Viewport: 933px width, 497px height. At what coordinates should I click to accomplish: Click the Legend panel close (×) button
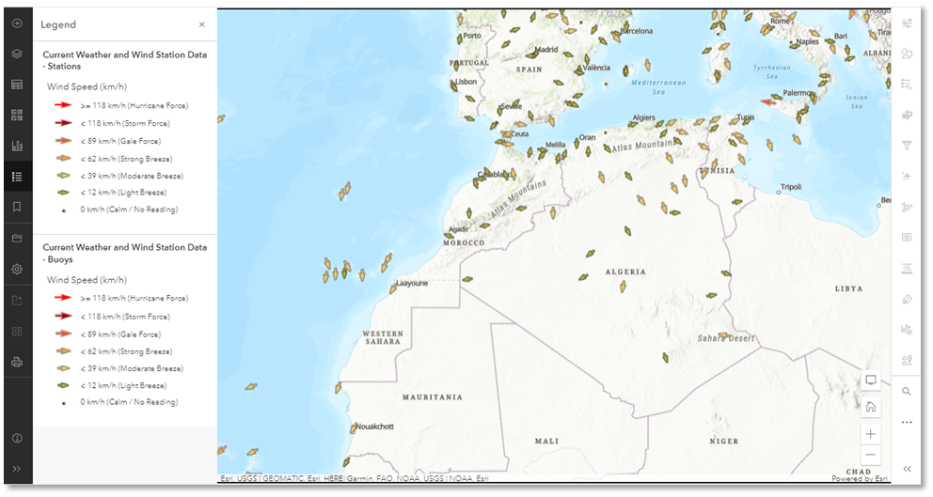201,24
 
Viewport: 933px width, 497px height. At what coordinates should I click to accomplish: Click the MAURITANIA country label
433,397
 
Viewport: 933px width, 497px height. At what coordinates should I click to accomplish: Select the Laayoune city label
412,282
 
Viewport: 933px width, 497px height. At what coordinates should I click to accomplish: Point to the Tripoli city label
790,188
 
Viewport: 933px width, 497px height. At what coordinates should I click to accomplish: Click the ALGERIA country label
625,272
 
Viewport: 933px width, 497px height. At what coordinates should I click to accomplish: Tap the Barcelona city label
635,31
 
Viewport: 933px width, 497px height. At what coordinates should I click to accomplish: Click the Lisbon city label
466,82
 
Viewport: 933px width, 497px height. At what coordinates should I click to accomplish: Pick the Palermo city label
799,93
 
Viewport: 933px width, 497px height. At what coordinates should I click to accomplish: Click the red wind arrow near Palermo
768,102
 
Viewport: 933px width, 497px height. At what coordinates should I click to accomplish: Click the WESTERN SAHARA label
383,338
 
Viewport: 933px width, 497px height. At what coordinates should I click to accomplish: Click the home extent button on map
871,407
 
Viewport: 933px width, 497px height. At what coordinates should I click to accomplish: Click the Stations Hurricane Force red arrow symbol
63,106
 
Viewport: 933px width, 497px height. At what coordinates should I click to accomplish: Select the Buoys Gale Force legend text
120,334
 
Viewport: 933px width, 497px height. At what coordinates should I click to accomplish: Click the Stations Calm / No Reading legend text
129,210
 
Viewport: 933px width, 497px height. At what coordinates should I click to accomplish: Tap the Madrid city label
546,50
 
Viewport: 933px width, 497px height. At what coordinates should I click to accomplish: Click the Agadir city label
460,229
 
